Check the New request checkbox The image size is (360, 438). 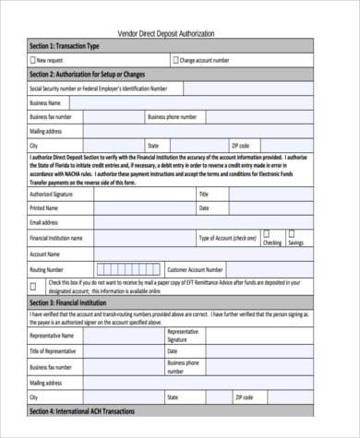pos(34,59)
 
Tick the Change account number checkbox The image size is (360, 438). pos(174,59)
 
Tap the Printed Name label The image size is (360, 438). pos(46,208)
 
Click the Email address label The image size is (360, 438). pos(47,222)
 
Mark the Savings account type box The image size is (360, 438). pos(294,235)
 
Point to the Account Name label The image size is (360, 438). pos(46,253)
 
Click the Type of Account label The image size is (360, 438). pos(228,237)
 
